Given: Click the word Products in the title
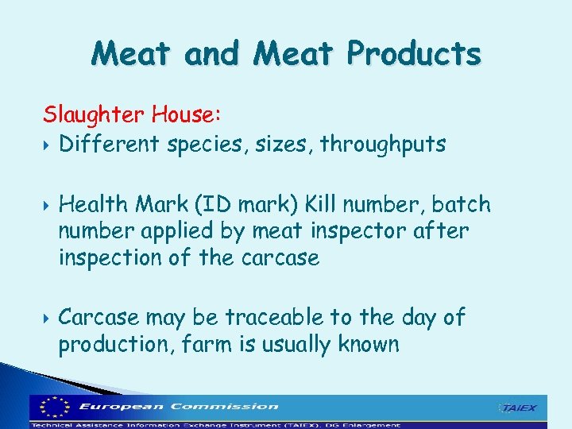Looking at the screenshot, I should [414, 54].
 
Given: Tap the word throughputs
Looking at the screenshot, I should [383, 145].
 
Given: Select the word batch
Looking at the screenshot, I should [462, 204].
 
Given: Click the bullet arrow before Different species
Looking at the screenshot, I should [48, 145].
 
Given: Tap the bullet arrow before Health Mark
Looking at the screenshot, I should [48, 205].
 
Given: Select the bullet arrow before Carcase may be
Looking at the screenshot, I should [48, 318].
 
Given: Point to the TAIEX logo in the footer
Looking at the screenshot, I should [517, 408].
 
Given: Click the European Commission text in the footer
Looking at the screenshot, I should [179, 406].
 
